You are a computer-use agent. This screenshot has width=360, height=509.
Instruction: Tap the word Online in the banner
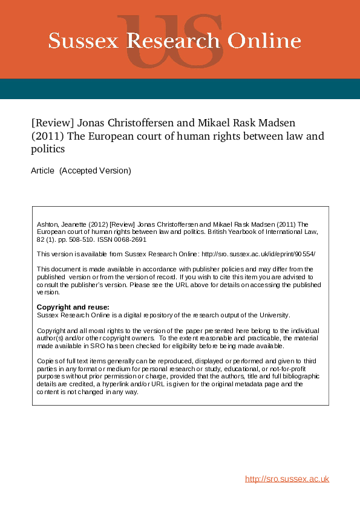click(x=266, y=41)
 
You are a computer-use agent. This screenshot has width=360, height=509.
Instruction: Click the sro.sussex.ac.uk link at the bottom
click(x=287, y=479)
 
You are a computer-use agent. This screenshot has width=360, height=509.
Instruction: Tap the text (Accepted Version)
click(x=95, y=171)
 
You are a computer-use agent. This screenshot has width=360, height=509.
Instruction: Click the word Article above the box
click(x=42, y=171)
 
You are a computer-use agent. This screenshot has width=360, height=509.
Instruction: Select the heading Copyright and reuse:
click(x=73, y=307)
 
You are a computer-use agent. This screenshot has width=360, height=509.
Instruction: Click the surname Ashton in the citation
click(x=48, y=224)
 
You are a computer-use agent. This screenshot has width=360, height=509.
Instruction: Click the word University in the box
click(x=274, y=315)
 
